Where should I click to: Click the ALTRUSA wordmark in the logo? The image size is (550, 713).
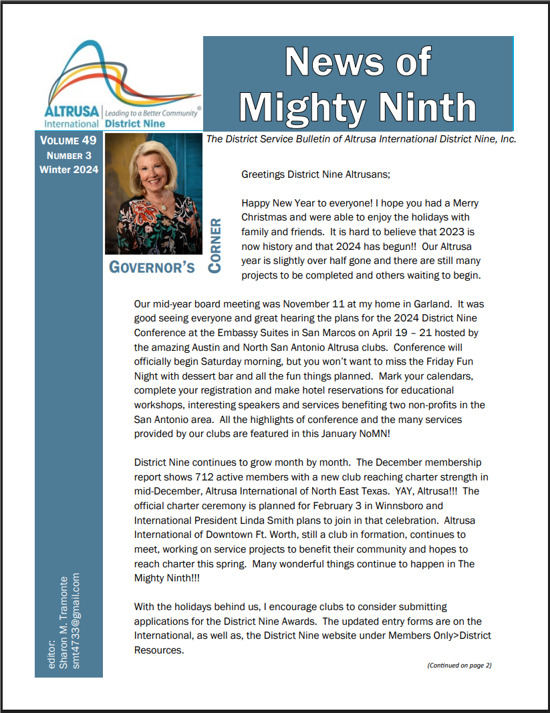pyautogui.click(x=72, y=111)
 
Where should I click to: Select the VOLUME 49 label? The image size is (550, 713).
pyautogui.click(x=68, y=141)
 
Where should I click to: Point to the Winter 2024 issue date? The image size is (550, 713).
pyautogui.click(x=69, y=170)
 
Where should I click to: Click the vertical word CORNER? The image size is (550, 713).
pyautogui.click(x=215, y=245)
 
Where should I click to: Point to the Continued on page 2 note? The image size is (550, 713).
pyautogui.click(x=459, y=665)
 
